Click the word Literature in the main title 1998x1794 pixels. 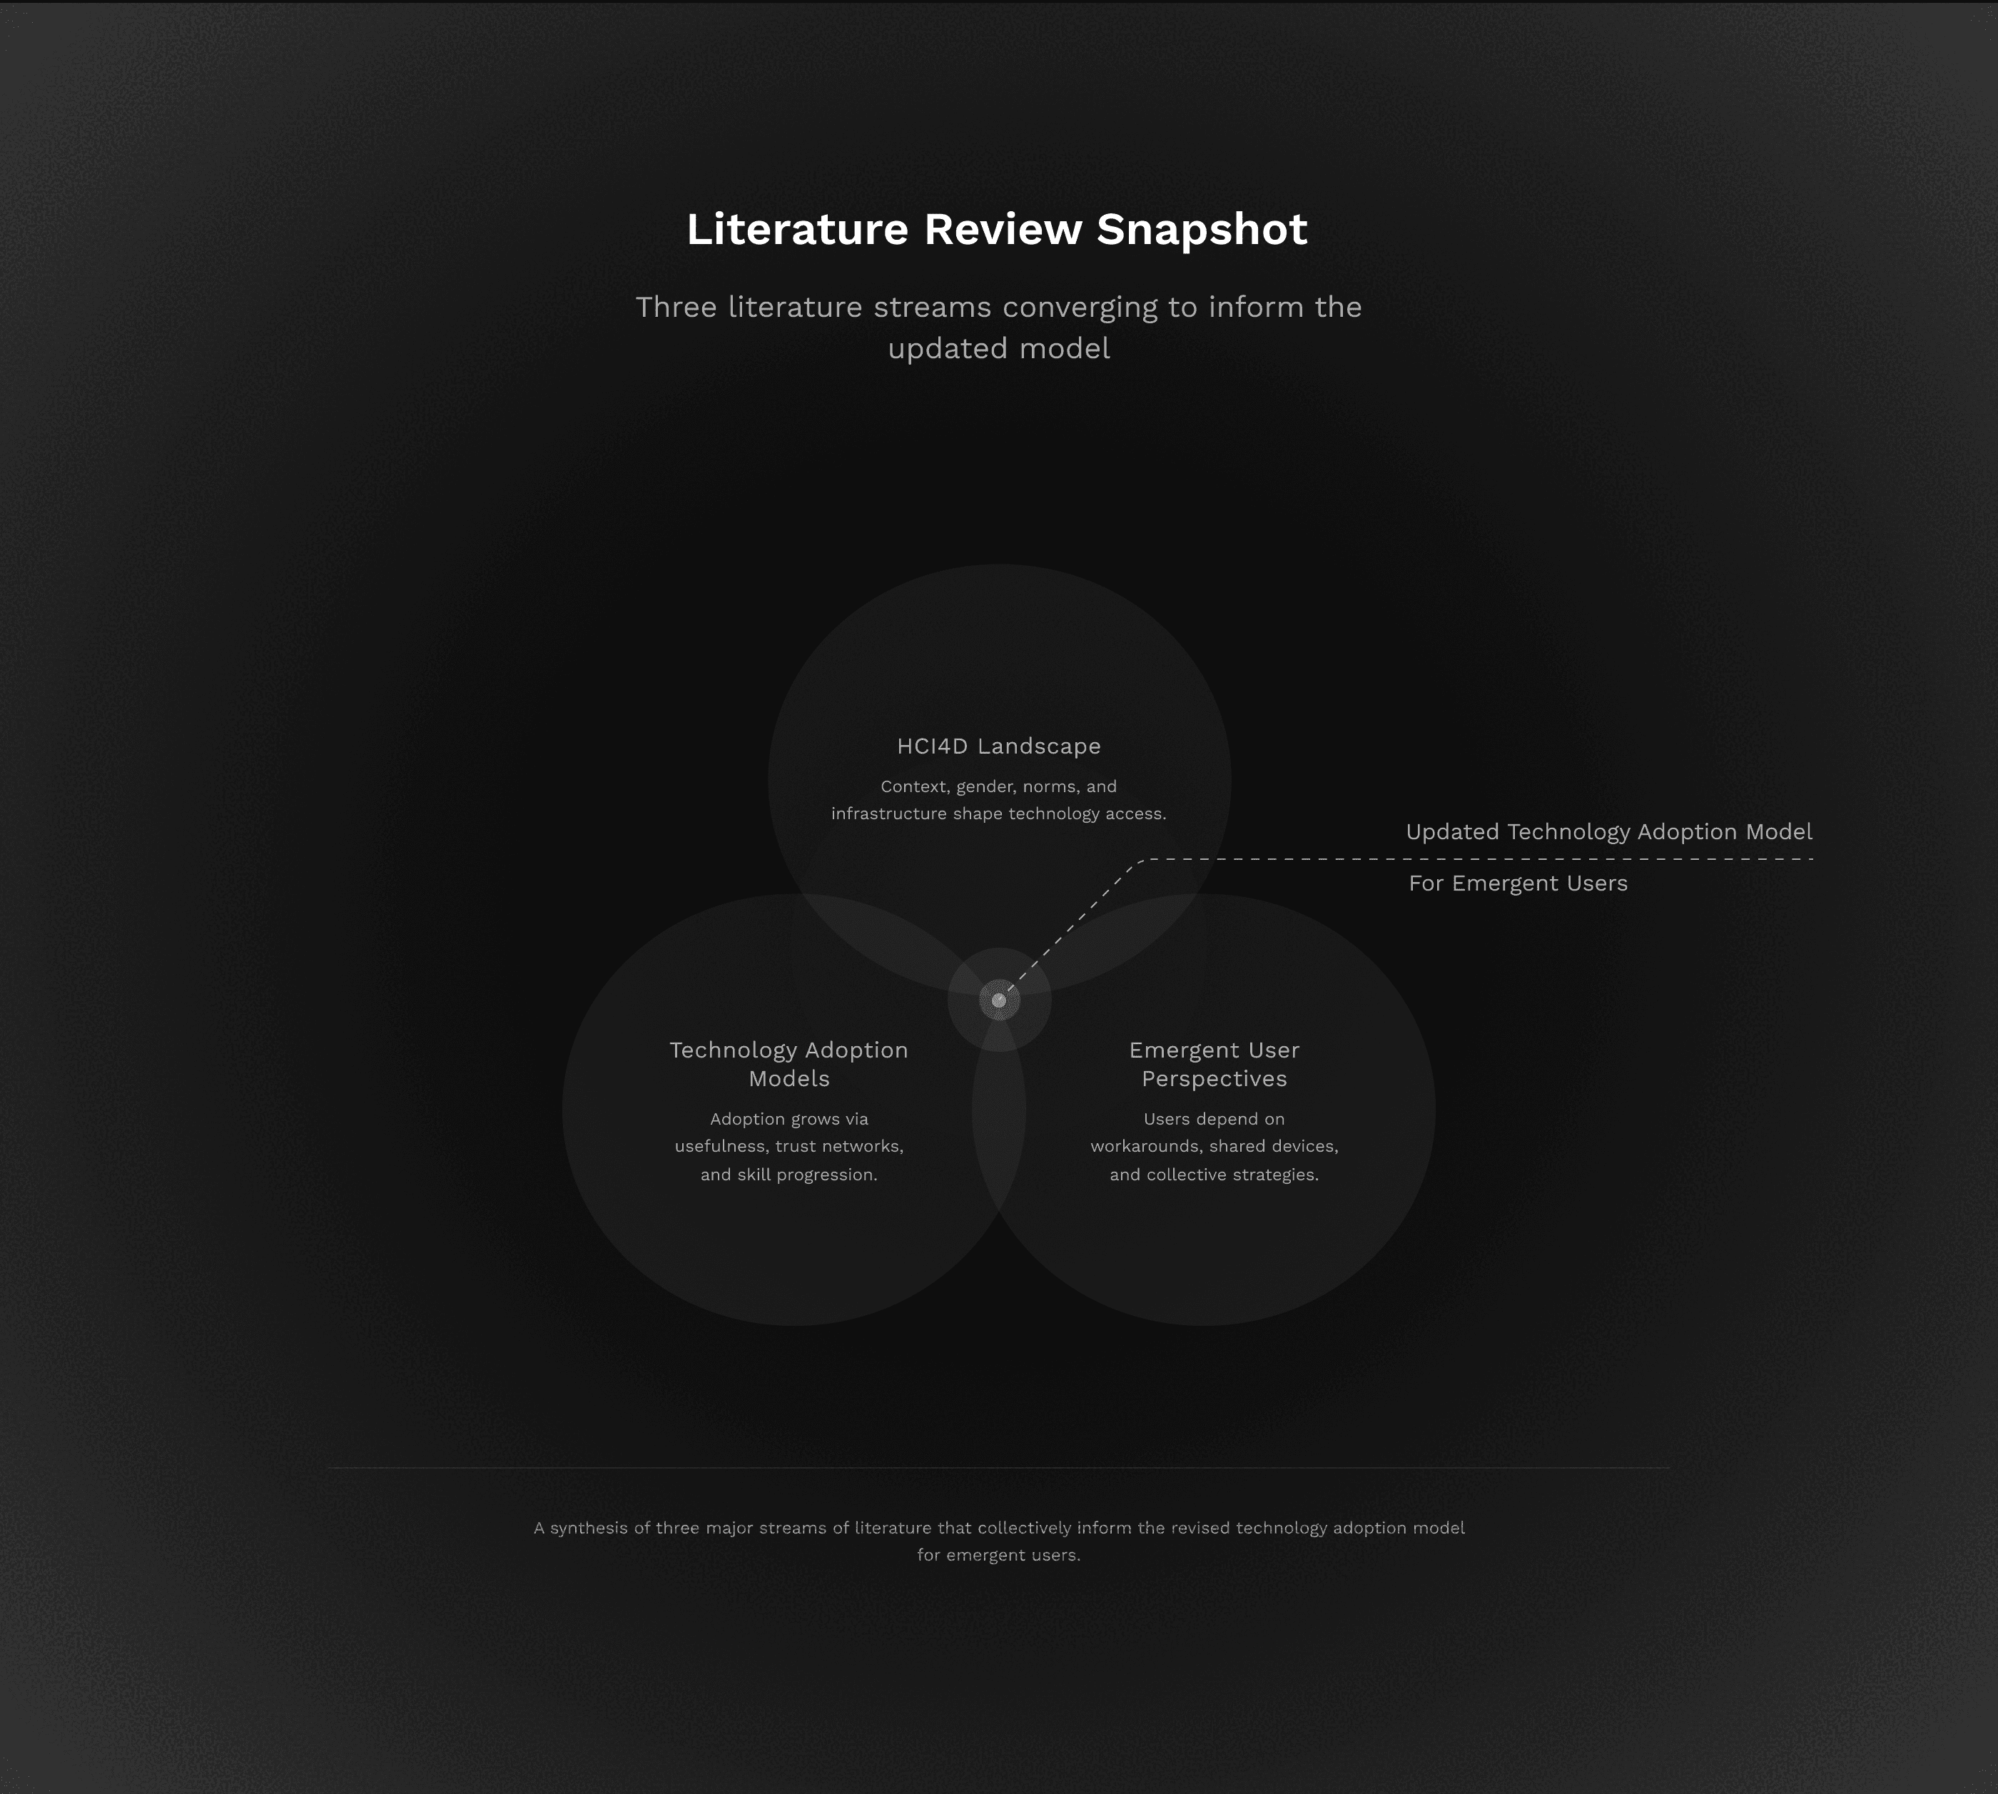[x=796, y=230]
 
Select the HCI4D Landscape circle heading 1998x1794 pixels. [x=998, y=746]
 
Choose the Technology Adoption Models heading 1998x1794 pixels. [x=788, y=1063]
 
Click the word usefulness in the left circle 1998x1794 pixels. [x=719, y=1146]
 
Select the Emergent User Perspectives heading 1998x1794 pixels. [x=1213, y=1063]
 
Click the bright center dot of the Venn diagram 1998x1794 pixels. [x=998, y=1000]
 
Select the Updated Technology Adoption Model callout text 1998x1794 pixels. [x=1608, y=832]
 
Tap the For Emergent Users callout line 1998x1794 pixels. [x=1518, y=883]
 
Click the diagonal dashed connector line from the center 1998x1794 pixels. [x=1075, y=926]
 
